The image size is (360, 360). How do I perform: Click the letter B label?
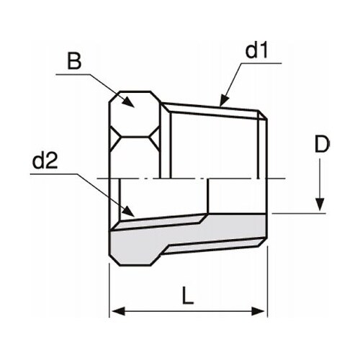click(x=73, y=61)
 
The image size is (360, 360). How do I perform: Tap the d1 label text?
click(x=257, y=51)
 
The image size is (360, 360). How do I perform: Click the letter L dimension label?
click(x=187, y=295)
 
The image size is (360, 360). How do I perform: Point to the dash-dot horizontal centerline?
click(x=194, y=178)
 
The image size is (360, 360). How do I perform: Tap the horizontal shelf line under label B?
click(x=72, y=73)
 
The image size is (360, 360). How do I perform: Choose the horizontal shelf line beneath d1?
click(x=259, y=63)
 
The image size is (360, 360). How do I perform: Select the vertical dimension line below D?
click(x=318, y=180)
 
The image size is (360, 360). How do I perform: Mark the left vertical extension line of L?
click(x=109, y=288)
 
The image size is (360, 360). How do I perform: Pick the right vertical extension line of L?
click(x=267, y=288)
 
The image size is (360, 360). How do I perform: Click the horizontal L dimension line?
click(x=187, y=311)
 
